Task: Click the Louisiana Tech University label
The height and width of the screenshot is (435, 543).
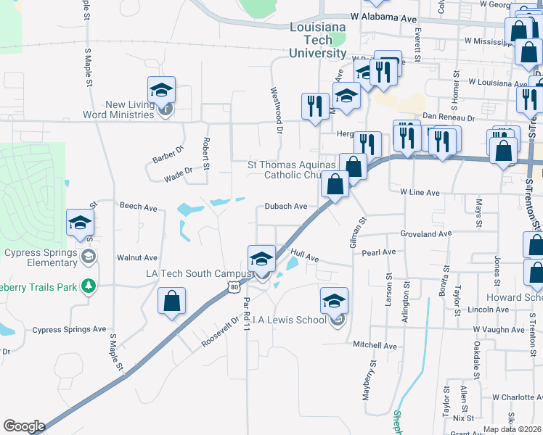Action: (x=317, y=40)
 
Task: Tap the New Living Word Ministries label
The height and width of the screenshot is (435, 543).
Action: (x=131, y=109)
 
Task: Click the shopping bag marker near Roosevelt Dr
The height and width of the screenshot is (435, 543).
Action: (x=171, y=302)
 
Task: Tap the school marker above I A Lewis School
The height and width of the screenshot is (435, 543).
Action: (x=334, y=300)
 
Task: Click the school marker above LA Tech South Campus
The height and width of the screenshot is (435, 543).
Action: (x=261, y=259)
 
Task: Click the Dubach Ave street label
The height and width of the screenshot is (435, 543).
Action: (x=285, y=206)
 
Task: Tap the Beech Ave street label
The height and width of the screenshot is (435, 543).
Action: (x=139, y=207)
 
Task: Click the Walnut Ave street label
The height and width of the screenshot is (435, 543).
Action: (x=136, y=257)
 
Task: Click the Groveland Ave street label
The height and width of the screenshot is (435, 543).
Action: (x=426, y=234)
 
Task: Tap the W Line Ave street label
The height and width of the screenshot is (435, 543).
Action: (x=420, y=193)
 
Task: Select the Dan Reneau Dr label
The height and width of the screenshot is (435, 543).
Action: (x=448, y=117)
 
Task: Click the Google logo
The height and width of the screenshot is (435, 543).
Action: (x=24, y=426)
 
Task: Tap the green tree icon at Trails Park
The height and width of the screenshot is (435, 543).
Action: (x=89, y=286)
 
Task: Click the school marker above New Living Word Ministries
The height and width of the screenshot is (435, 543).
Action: (x=161, y=90)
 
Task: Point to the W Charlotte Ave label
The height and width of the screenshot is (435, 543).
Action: (x=516, y=397)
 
